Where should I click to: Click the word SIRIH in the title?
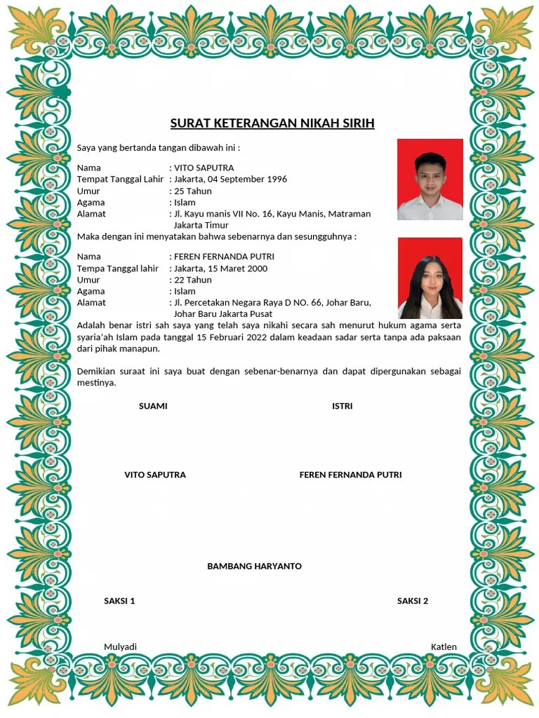pyautogui.click(x=357, y=124)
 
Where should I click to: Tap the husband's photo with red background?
pyautogui.click(x=430, y=179)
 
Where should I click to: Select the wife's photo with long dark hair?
pyautogui.click(x=430, y=278)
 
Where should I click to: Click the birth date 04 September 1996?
pyautogui.click(x=248, y=179)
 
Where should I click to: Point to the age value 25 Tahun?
pyautogui.click(x=192, y=191)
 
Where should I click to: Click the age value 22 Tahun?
pyautogui.click(x=192, y=280)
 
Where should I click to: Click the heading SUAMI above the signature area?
pyautogui.click(x=153, y=407)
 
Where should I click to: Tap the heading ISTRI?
pyautogui.click(x=342, y=407)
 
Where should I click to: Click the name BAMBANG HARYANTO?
pyautogui.click(x=254, y=567)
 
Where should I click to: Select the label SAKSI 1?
pyautogui.click(x=119, y=602)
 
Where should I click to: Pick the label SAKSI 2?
pyautogui.click(x=412, y=602)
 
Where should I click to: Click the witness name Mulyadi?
pyautogui.click(x=120, y=647)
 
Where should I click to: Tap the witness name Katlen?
pyautogui.click(x=444, y=647)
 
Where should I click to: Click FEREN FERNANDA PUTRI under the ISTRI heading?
pyautogui.click(x=350, y=475)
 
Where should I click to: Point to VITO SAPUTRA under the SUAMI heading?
pyautogui.click(x=155, y=475)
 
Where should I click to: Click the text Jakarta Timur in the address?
pyautogui.click(x=201, y=226)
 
